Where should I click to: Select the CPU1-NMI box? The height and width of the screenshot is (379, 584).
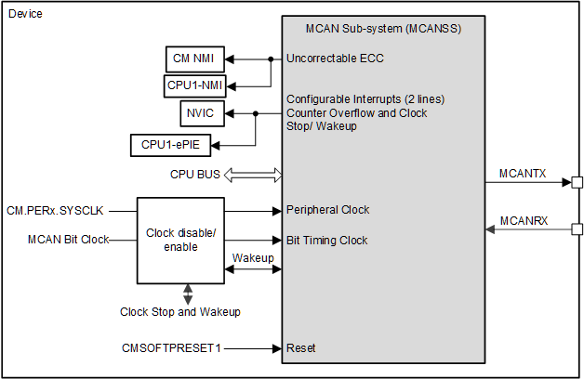(x=193, y=85)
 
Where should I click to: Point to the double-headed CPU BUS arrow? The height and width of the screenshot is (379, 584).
(x=252, y=175)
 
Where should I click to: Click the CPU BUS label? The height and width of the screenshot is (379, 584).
(x=195, y=175)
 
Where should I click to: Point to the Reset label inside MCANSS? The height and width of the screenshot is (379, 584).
(x=301, y=348)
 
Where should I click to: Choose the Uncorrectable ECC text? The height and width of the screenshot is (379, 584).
(x=335, y=59)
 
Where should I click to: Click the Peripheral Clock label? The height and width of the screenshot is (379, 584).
(x=328, y=210)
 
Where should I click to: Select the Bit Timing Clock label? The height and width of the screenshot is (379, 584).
(x=327, y=240)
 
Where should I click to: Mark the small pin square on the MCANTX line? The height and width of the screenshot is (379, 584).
(x=577, y=182)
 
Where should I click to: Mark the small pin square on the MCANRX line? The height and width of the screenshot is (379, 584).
(x=577, y=229)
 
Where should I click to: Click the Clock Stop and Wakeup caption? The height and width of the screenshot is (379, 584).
(x=180, y=312)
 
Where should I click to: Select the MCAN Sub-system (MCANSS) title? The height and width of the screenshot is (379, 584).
(x=382, y=28)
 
